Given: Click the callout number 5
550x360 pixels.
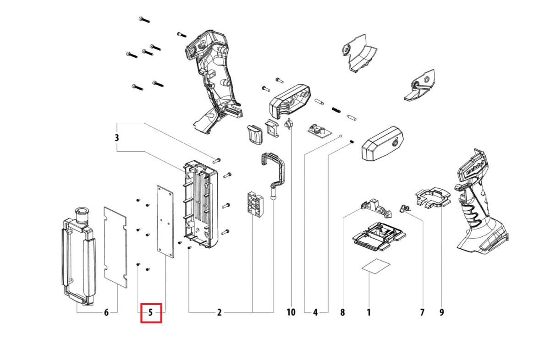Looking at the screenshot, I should click(150, 313).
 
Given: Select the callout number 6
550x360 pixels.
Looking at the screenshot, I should click(106, 313).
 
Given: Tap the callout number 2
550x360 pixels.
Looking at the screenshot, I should click(219, 313).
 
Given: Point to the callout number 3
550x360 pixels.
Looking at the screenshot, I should click(117, 137).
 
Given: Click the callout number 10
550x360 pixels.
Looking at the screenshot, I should click(291, 313).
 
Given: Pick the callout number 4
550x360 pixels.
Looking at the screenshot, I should click(315, 313).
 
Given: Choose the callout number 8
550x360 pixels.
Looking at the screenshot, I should click(342, 313).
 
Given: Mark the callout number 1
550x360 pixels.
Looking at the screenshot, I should click(368, 313).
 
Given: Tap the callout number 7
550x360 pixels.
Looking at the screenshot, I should click(422, 313).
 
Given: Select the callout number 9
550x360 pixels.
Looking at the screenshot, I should click(441, 313).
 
